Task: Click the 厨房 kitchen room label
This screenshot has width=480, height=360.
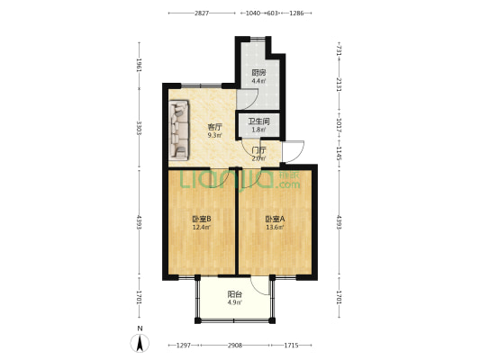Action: (258, 72)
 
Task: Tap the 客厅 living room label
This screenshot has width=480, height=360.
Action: (214, 127)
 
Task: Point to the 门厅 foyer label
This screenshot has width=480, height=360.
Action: (258, 149)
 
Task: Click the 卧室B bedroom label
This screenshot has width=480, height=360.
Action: (202, 219)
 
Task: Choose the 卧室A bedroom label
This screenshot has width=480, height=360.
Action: (275, 219)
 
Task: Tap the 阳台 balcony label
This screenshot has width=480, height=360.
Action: (233, 293)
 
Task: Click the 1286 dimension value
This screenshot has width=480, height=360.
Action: (296, 13)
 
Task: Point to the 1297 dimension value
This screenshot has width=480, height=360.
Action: (183, 346)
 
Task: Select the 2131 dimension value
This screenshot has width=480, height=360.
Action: (339, 85)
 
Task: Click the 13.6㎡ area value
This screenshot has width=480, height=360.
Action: (275, 227)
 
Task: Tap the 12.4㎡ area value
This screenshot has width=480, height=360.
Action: (202, 227)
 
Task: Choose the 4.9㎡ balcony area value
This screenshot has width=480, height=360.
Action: (233, 302)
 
